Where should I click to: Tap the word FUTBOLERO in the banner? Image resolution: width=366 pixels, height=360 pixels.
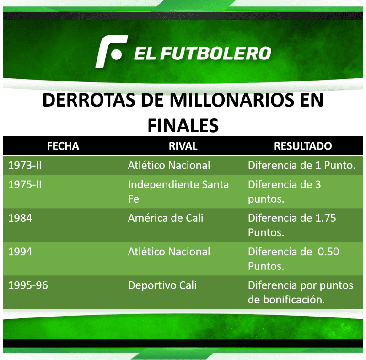(x=216, y=53)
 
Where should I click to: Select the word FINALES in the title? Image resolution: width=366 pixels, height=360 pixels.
(x=183, y=125)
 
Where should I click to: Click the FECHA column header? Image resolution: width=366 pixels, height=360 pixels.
(x=63, y=146)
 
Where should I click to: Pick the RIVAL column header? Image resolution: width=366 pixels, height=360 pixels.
(x=183, y=146)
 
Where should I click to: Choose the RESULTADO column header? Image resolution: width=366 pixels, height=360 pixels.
(x=303, y=146)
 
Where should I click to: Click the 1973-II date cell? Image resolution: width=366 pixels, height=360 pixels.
(x=25, y=166)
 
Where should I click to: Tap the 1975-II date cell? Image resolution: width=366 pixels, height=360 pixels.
(x=25, y=185)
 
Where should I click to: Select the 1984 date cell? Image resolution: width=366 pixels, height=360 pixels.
(x=20, y=218)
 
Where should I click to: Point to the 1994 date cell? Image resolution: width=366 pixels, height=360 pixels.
(x=20, y=252)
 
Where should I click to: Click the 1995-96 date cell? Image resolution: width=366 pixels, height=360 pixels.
(x=28, y=285)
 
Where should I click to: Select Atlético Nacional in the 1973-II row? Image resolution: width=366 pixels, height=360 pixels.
(x=169, y=166)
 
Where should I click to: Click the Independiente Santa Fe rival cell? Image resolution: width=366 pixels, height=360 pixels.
(x=178, y=192)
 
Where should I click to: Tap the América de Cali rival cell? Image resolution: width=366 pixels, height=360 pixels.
(x=166, y=218)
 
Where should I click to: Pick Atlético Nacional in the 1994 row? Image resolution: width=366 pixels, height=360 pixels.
(x=169, y=252)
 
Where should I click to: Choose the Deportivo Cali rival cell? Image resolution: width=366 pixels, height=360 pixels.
(x=162, y=285)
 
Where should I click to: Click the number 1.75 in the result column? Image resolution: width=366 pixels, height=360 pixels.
(x=326, y=218)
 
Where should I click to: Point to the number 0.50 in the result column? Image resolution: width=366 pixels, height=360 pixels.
(x=328, y=252)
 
